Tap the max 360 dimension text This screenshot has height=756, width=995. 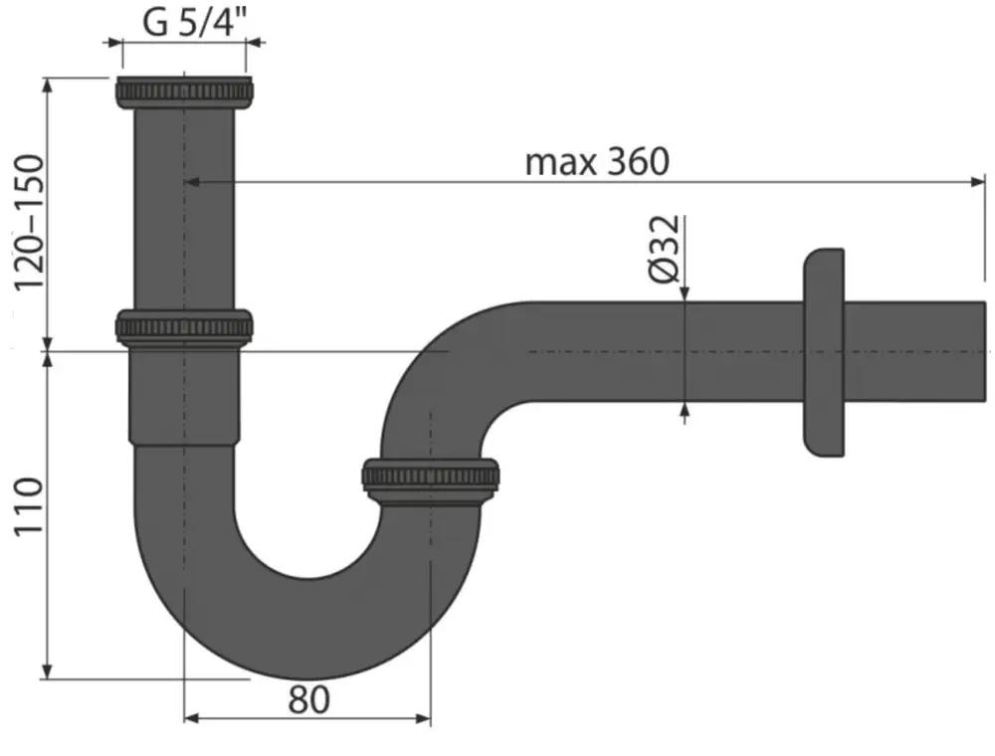click(597, 161)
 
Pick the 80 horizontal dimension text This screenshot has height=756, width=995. click(308, 700)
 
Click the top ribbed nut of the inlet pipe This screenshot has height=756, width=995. click(184, 92)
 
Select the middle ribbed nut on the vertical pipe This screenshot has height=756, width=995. click(184, 327)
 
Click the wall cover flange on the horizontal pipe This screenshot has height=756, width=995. click(824, 352)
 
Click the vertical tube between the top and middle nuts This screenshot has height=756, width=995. click(184, 209)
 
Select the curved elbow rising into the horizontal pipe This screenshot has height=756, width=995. click(438, 368)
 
